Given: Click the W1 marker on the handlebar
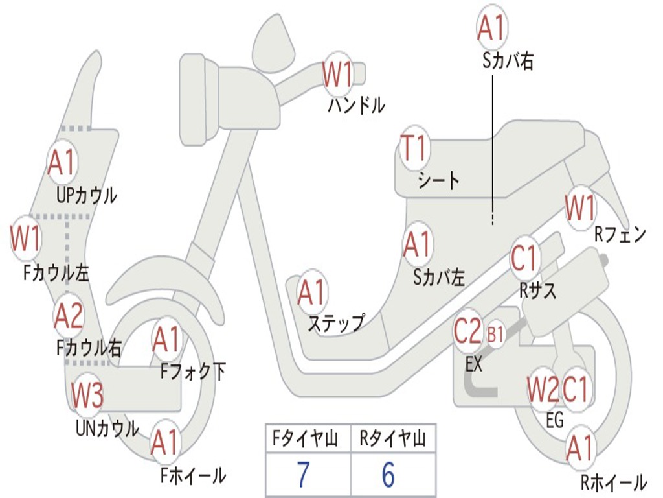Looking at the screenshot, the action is [x=337, y=74].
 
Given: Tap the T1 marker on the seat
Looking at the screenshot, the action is [x=414, y=148].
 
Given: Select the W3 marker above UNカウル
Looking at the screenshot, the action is [x=87, y=395].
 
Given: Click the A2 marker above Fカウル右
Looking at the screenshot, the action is [x=69, y=316].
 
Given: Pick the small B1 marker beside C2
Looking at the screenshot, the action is [x=495, y=335].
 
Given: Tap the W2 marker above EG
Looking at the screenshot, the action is [x=543, y=390].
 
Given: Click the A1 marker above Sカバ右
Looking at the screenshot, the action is [x=492, y=27].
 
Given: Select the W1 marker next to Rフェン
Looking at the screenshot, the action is [x=580, y=207].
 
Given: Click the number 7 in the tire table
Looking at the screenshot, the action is [x=303, y=475].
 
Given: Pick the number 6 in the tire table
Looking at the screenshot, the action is [x=388, y=475].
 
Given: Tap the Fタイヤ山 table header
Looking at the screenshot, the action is [x=305, y=438].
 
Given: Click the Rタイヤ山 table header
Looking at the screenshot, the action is [x=392, y=438].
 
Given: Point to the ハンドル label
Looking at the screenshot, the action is [x=357, y=105].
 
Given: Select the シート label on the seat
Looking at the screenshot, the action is [x=438, y=180].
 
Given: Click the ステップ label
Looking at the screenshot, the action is [x=337, y=323].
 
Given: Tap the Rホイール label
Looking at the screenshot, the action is [x=614, y=482].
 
